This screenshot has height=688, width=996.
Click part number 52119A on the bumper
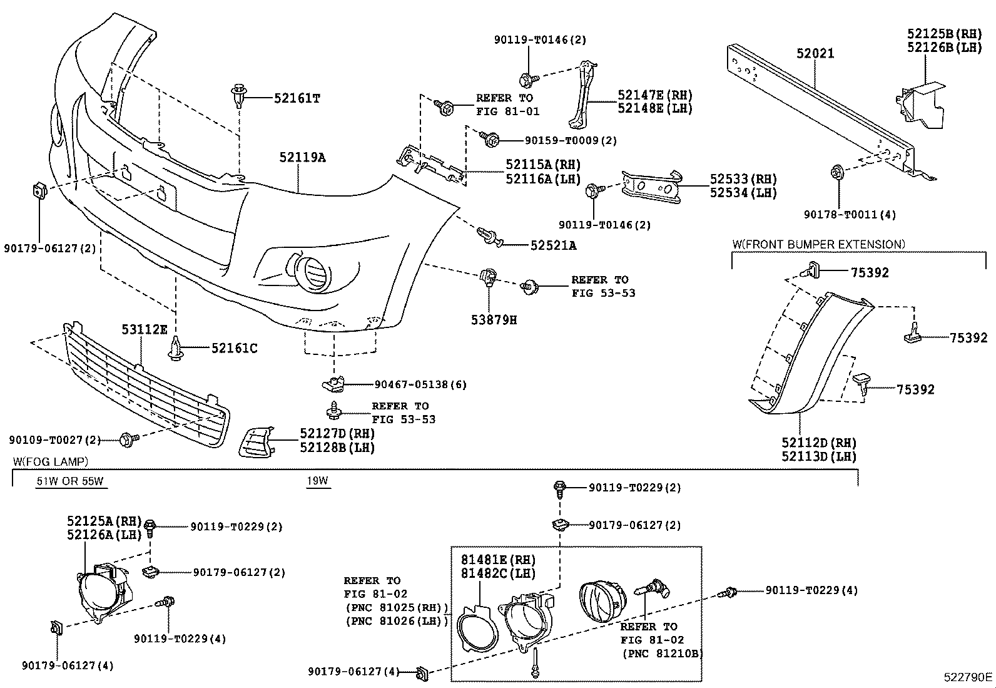302,157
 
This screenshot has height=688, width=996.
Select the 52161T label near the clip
297,98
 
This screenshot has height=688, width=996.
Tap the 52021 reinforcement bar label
815,54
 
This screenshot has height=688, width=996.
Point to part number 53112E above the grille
144,329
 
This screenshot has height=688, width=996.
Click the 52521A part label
553,245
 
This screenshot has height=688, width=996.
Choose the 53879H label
494,320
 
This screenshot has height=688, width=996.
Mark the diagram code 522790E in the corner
968,677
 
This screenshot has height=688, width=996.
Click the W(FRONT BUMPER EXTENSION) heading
818,244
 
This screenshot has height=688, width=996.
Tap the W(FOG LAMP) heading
51,461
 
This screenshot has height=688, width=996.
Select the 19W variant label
317,481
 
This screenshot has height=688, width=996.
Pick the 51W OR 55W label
69,481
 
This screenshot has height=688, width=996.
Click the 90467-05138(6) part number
420,384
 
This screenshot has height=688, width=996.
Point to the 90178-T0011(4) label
850,214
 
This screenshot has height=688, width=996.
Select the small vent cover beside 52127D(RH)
255,442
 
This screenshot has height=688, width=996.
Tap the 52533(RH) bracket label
743,179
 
